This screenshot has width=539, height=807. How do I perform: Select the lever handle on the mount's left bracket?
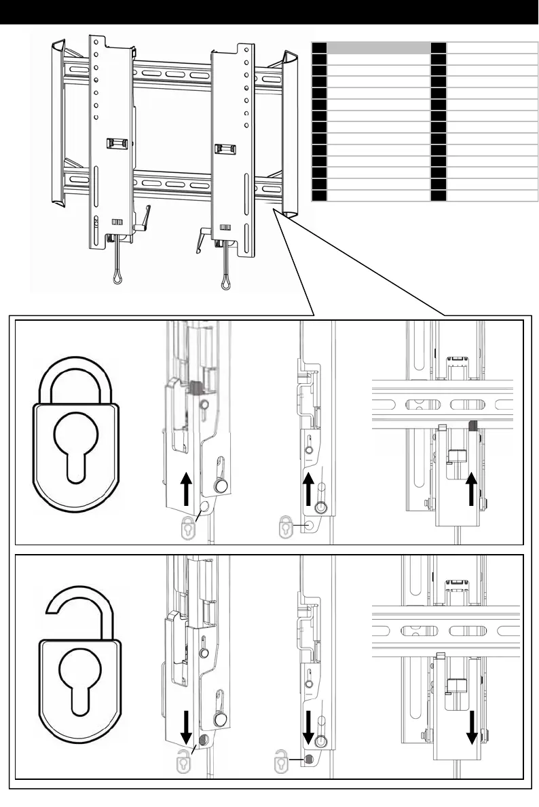(145, 221)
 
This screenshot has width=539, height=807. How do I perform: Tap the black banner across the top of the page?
(269, 12)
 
